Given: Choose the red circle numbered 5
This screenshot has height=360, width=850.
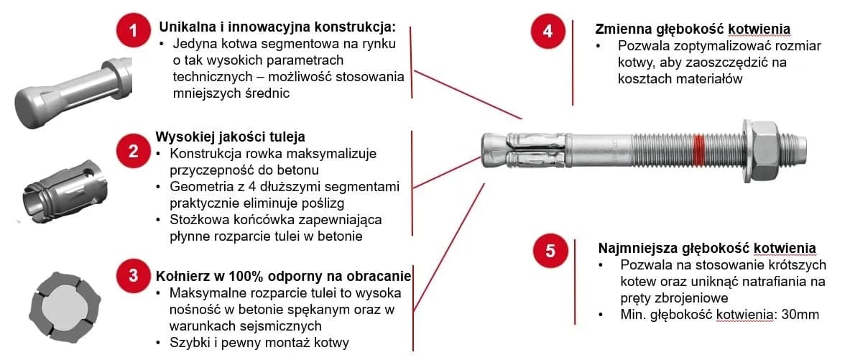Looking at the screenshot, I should point(550,251).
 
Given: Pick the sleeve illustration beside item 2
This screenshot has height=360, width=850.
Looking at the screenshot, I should point(63,185).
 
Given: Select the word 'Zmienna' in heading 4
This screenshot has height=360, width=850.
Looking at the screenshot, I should point(620,29).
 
